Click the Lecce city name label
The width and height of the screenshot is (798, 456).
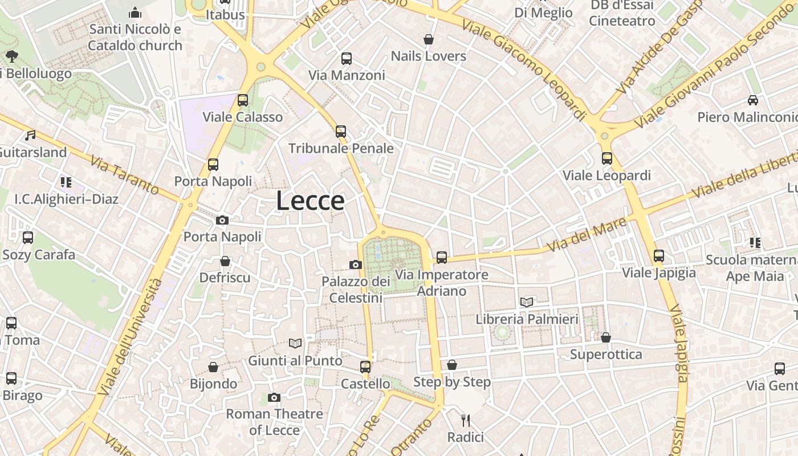click(310, 201)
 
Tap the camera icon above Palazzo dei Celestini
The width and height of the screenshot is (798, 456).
click(356, 264)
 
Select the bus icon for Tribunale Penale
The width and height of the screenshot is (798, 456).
click(341, 132)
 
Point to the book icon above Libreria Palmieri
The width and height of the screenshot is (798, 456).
click(527, 302)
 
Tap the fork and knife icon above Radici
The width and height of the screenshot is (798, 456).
click(466, 421)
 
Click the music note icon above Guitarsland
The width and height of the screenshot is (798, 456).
click(30, 136)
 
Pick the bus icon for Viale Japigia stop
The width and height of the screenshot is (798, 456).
click(659, 256)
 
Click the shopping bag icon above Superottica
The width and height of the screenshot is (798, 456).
click(606, 337)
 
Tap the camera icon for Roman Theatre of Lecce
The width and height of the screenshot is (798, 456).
click(274, 397)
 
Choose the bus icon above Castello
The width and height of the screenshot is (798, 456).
click(365, 367)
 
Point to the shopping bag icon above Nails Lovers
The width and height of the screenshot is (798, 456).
click(429, 39)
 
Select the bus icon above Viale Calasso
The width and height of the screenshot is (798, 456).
click(243, 100)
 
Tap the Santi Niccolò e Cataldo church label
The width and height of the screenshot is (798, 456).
click(135, 37)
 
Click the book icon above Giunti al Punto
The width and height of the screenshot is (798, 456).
click(295, 343)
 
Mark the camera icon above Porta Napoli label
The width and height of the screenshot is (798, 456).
click(222, 220)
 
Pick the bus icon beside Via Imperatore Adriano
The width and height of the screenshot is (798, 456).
click(442, 257)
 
